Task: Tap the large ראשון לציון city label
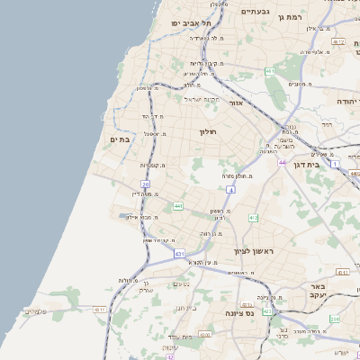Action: pyautogui.click(x=253, y=251)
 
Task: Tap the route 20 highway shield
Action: pyautogui.click(x=145, y=184)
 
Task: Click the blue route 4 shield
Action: pyautogui.click(x=231, y=191)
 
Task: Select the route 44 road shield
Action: pyautogui.click(x=281, y=162)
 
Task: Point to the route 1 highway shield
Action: pyautogui.click(x=335, y=165)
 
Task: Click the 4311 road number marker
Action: pyautogui.click(x=343, y=272)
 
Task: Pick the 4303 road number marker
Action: pyautogui.click(x=205, y=335)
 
